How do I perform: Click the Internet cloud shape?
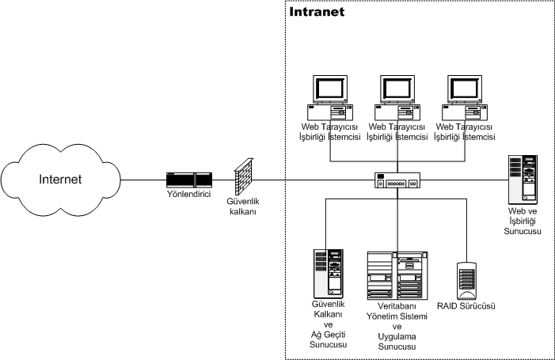click(x=60, y=180)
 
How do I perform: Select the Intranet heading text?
click(x=317, y=13)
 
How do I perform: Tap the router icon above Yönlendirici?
click(x=188, y=180)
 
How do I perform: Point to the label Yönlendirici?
click(x=188, y=195)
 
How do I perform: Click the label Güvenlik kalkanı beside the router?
click(x=244, y=207)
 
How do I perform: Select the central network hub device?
click(x=397, y=180)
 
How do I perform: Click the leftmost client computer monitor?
click(x=328, y=89)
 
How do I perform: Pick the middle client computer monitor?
click(x=397, y=89)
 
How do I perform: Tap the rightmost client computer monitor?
click(x=465, y=89)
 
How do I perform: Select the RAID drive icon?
click(x=467, y=278)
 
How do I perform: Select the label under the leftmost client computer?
click(x=329, y=131)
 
